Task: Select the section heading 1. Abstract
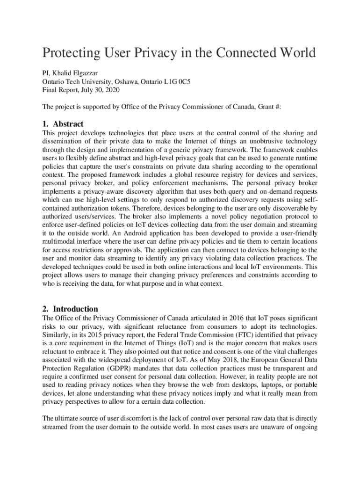[63, 124]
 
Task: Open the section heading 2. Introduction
[70, 309]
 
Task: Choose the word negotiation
[264, 216]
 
